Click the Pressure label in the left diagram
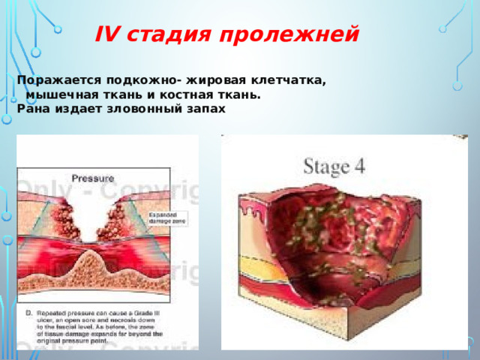pyautogui.click(x=91, y=178)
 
